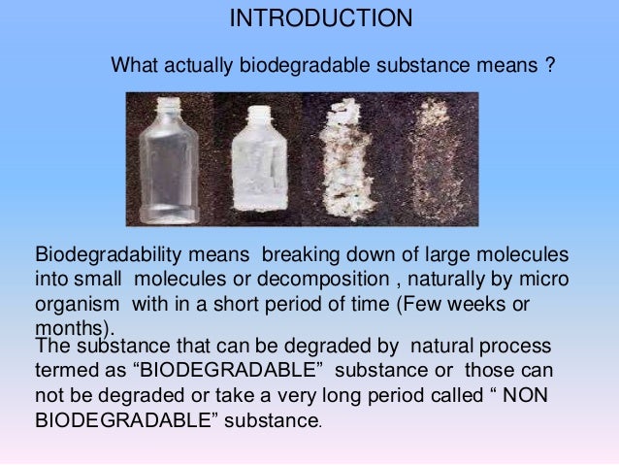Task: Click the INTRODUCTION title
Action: coord(320,19)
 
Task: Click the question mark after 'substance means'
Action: coord(549,67)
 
